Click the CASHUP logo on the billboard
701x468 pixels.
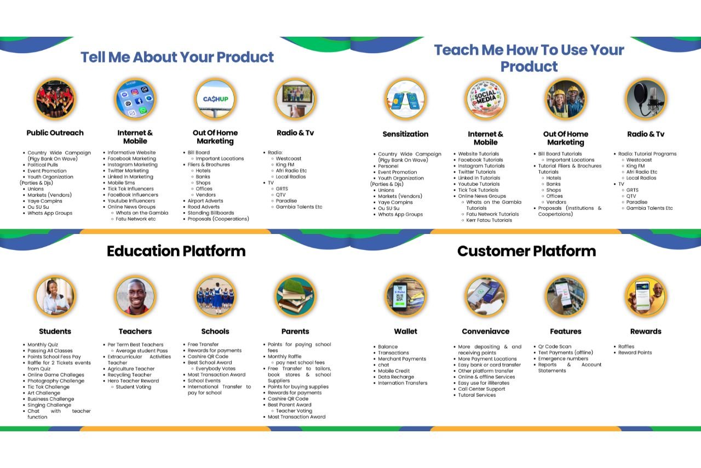tap(216, 99)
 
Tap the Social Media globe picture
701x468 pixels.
tap(486, 99)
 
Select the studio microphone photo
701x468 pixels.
tap(646, 99)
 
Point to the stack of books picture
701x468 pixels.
tap(295, 296)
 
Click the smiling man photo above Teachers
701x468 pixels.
tap(135, 296)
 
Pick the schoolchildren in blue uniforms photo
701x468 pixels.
tap(215, 296)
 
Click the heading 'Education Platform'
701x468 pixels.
tap(176, 251)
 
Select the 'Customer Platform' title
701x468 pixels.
tap(527, 251)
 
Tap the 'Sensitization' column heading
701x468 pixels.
tap(406, 134)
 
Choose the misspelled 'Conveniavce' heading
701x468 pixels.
tap(486, 332)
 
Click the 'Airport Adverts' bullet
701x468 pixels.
tap(205, 201)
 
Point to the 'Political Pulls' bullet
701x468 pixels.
tap(43, 165)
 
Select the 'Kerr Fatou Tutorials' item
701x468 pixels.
tap(489, 220)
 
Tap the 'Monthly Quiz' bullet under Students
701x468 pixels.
tap(43, 345)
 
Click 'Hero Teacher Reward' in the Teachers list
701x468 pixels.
tap(133, 381)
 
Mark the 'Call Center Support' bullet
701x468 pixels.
tap(481, 389)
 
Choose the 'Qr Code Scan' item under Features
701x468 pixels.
tap(555, 346)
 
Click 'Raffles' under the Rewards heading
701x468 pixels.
tap(626, 346)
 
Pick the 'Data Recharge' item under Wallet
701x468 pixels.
tap(396, 377)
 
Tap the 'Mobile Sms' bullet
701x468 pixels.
tap(121, 182)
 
